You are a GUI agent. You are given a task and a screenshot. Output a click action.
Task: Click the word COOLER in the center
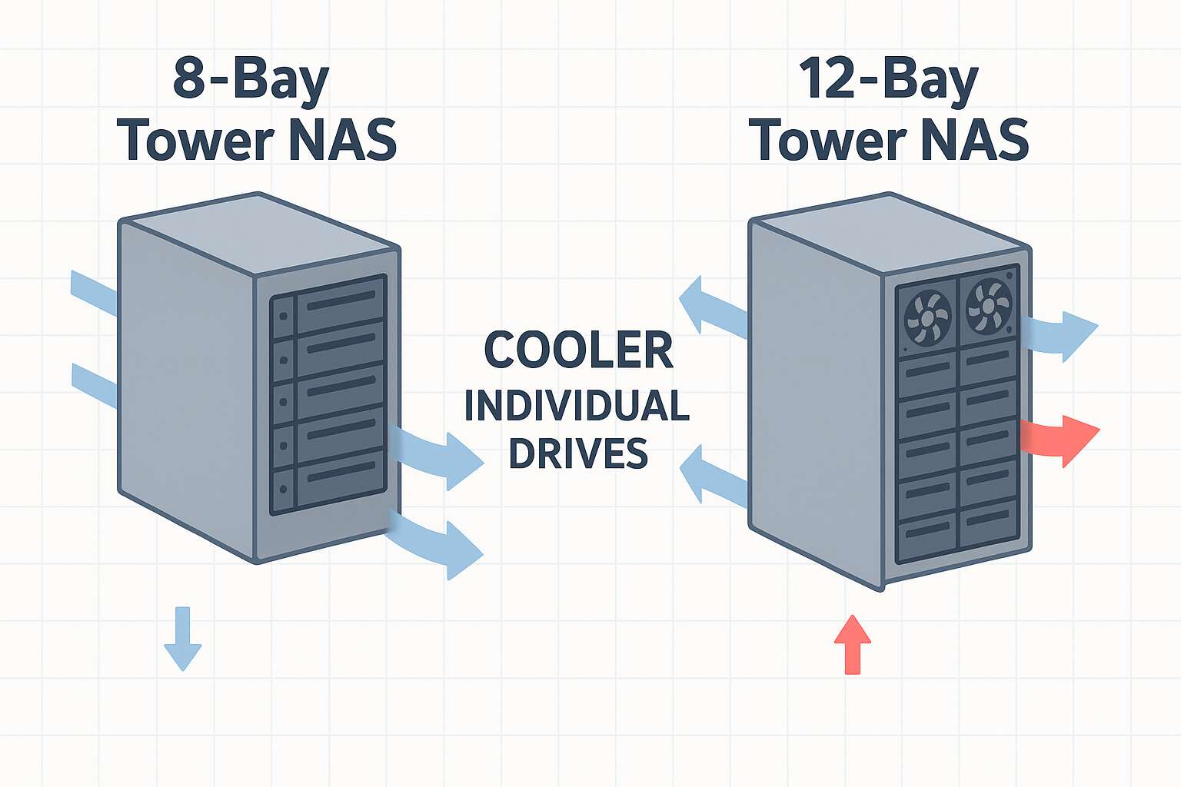(x=578, y=350)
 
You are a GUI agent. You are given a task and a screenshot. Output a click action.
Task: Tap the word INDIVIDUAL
(x=577, y=406)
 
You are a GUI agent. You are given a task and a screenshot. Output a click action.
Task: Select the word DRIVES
(x=578, y=453)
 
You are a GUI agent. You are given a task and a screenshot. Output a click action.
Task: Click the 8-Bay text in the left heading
(x=251, y=80)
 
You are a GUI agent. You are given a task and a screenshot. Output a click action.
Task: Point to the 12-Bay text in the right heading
(x=888, y=80)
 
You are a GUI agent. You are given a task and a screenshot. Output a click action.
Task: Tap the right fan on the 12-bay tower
(x=989, y=306)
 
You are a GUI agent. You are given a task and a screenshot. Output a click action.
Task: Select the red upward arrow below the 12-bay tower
(x=852, y=644)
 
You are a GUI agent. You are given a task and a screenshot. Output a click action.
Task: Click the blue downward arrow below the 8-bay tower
(x=183, y=638)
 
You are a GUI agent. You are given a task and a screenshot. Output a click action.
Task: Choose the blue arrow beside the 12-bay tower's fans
(x=1065, y=335)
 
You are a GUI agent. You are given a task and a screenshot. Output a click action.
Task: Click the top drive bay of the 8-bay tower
(x=329, y=304)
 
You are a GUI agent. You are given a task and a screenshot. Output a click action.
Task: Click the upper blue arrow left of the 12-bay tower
(x=711, y=307)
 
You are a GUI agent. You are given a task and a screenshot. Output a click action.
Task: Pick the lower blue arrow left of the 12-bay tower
(x=712, y=477)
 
